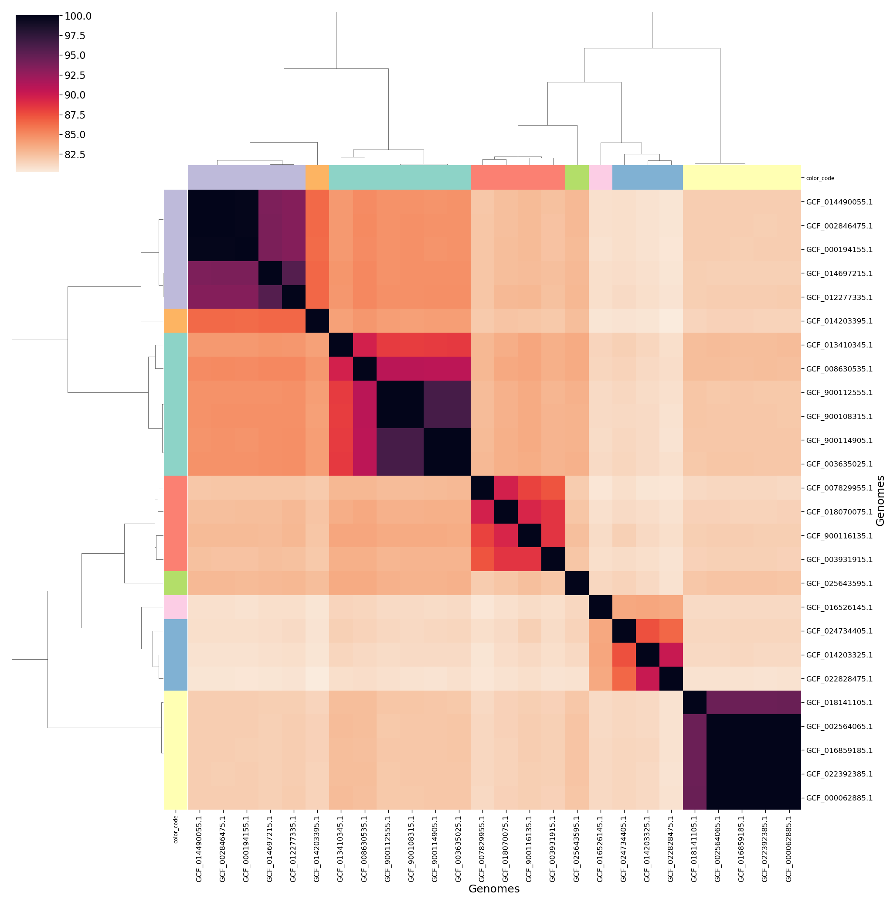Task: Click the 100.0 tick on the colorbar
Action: (x=78, y=16)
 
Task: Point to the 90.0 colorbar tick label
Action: (x=75, y=95)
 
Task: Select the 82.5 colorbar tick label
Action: (x=75, y=154)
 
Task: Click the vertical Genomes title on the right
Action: (x=879, y=501)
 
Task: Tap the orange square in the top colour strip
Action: (x=317, y=177)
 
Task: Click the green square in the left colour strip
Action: (x=175, y=583)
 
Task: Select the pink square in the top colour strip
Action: (x=600, y=177)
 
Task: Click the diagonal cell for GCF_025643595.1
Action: (x=577, y=583)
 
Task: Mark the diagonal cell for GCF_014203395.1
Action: (x=317, y=321)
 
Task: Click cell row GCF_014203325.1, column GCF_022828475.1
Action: (x=671, y=655)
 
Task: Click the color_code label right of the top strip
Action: (x=820, y=178)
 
